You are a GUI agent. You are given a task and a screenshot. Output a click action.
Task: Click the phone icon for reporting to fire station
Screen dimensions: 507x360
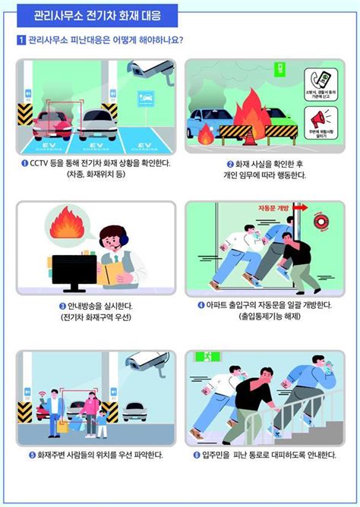(319, 80)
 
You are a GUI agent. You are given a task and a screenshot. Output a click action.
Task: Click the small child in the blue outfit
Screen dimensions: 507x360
(102, 422)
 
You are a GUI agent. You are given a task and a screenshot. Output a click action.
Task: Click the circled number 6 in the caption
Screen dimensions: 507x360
(196, 455)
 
